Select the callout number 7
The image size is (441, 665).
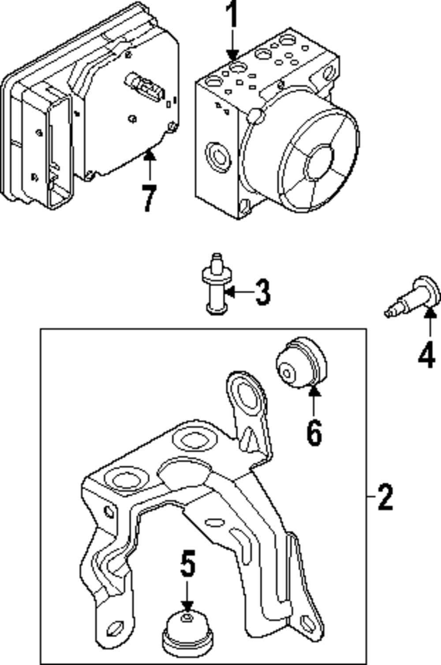click(x=149, y=199)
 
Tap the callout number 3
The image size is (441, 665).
click(x=263, y=292)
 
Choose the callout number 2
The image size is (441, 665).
click(x=385, y=497)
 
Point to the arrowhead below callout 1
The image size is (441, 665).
click(x=232, y=55)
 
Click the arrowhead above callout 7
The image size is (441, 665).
click(x=149, y=155)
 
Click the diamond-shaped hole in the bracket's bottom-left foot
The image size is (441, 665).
click(x=116, y=626)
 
